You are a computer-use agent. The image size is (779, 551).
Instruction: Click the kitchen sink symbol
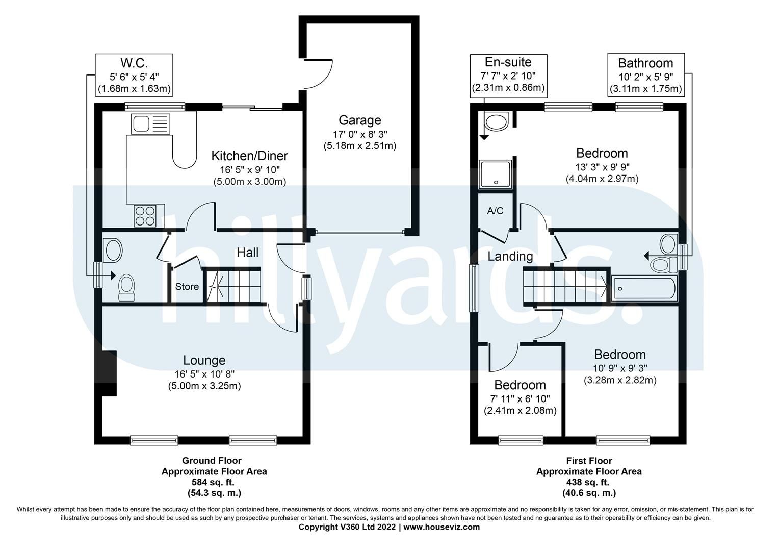[149, 123]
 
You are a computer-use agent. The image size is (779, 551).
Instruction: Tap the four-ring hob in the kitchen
[145, 215]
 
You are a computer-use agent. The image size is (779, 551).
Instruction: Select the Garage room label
[359, 120]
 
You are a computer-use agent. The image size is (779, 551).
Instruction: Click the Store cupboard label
[187, 287]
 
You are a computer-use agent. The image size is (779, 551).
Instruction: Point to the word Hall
[248, 253]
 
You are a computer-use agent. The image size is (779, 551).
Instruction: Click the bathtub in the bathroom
[645, 288]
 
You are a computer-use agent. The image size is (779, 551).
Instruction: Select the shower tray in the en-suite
[495, 174]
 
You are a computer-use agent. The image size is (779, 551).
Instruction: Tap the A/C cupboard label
[495, 211]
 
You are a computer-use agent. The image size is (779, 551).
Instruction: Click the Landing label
[510, 256]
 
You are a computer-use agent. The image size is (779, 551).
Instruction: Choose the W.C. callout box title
[134, 63]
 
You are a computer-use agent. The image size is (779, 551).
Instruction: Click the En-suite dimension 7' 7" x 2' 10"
[509, 76]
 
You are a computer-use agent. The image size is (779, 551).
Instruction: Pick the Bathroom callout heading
[645, 63]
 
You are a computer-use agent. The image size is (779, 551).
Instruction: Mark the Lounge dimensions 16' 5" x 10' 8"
[204, 373]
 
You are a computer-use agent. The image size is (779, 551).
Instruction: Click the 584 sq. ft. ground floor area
[214, 482]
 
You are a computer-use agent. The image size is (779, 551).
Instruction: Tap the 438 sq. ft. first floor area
[589, 482]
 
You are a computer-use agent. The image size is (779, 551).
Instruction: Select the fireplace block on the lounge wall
[109, 373]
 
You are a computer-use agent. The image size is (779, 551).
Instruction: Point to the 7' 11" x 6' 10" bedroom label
[520, 398]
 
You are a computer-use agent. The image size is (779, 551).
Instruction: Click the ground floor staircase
[232, 285]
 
